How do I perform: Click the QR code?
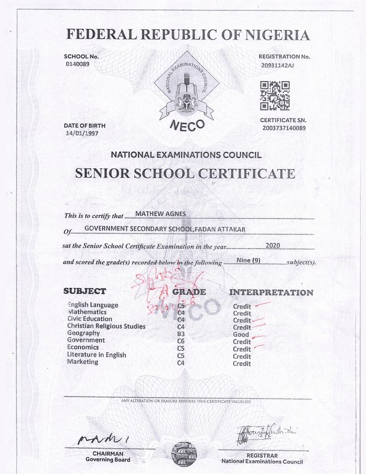coord(275,95)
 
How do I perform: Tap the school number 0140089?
coord(77,64)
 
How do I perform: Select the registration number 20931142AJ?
coord(277,66)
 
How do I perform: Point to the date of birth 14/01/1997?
coord(82,134)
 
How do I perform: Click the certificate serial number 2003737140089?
coord(284,128)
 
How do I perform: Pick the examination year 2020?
coord(272,245)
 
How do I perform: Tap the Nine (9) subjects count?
coord(249,260)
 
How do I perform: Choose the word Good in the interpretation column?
coord(241,334)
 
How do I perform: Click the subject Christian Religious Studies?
coord(106,326)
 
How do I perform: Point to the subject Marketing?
coord(83,362)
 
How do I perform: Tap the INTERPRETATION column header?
coord(271,292)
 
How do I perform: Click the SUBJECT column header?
coord(85,291)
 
